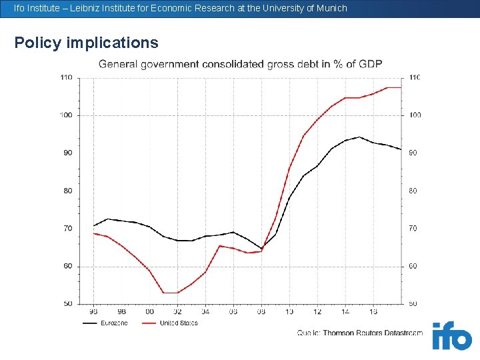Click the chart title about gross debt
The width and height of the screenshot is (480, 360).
(x=241, y=64)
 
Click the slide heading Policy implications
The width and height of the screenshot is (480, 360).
(x=87, y=43)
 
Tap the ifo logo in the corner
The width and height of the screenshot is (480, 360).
(x=451, y=336)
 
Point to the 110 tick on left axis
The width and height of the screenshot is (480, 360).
(x=66, y=77)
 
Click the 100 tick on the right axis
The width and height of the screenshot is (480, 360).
(x=415, y=115)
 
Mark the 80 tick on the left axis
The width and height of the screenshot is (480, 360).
(x=67, y=191)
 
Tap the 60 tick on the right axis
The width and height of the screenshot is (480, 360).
(x=413, y=266)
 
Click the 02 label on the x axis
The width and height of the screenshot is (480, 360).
(x=177, y=311)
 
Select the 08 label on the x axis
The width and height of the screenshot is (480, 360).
(x=261, y=311)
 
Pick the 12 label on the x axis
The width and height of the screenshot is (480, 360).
(x=317, y=311)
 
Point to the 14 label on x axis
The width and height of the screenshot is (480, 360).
(x=345, y=311)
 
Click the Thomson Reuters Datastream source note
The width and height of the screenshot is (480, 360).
(x=360, y=333)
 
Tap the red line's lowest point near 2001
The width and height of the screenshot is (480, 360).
(x=170, y=293)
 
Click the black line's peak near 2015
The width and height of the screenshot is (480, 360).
(x=359, y=137)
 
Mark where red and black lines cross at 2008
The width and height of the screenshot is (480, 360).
(x=263, y=249)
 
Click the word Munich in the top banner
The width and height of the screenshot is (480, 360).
(x=331, y=8)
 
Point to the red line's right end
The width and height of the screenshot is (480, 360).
(x=401, y=87)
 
